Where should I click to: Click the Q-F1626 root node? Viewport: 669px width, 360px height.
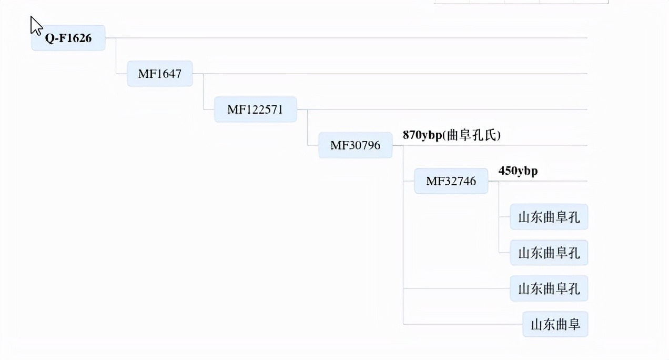pos(68,38)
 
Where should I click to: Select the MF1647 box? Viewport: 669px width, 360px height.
pos(159,74)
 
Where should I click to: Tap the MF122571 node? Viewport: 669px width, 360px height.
pos(255,109)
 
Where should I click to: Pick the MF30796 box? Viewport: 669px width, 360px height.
pos(355,145)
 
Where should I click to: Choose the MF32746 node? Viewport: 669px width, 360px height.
pos(451,181)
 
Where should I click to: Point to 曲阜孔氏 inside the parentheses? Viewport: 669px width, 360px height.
pos(472,135)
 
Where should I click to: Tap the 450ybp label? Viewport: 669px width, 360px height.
pos(518,171)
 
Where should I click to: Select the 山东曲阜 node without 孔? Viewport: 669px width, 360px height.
pos(555,324)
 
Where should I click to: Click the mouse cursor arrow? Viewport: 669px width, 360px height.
pos(35,25)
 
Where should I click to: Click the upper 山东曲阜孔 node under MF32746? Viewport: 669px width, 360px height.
pos(549,217)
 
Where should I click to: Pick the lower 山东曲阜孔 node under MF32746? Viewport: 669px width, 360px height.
pos(549,253)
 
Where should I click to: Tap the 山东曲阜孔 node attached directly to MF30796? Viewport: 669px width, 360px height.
pos(549,288)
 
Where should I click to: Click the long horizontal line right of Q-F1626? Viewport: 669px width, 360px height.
pos(347,38)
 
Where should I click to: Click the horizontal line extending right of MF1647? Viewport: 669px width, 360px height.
pos(389,74)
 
